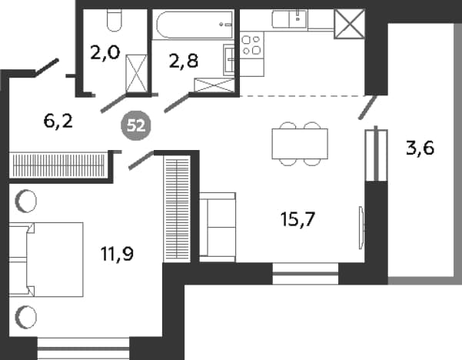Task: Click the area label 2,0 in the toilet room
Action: click(105, 53)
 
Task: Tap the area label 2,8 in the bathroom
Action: click(184, 62)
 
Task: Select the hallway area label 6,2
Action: click(58, 121)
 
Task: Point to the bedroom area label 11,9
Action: click(117, 254)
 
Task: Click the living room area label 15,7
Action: click(298, 219)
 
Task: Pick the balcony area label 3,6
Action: click(420, 148)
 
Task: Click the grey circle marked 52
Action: click(136, 126)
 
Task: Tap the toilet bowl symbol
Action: click(114, 20)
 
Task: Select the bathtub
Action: click(193, 25)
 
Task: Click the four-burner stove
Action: click(251, 45)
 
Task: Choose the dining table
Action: click(300, 144)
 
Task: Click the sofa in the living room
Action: click(218, 227)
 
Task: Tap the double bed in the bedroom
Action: click(46, 259)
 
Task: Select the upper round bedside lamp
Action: click(26, 201)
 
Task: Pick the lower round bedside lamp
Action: click(26, 317)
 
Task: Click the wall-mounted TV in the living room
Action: click(361, 228)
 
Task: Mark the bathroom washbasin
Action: click(228, 60)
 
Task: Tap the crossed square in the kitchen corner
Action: click(350, 24)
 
